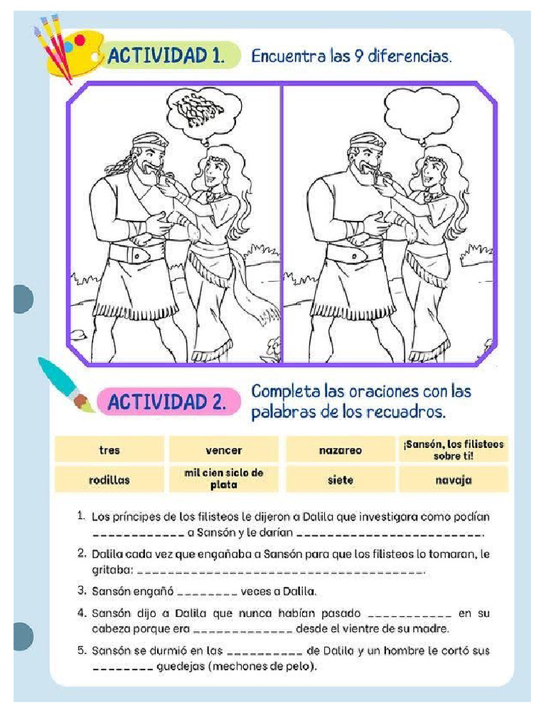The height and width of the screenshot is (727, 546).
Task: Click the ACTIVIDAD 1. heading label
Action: (166, 56)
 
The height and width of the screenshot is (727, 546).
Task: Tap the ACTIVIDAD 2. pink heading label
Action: (166, 403)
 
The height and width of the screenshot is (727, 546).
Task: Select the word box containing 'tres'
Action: (109, 450)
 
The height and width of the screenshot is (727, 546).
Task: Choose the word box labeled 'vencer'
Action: (224, 450)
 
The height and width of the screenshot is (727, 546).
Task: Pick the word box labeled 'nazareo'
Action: (341, 450)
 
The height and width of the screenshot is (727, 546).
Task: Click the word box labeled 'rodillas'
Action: (109, 480)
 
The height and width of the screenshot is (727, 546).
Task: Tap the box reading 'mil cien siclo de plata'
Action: (224, 480)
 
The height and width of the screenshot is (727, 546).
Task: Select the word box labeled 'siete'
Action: (341, 480)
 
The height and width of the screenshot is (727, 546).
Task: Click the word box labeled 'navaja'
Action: (454, 480)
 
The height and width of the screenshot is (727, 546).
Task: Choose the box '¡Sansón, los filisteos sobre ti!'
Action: (454, 449)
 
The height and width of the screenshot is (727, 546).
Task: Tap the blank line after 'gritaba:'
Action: (281, 572)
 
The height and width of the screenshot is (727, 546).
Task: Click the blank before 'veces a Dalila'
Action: (206, 591)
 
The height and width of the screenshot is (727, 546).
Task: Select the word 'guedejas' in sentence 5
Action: (178, 667)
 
